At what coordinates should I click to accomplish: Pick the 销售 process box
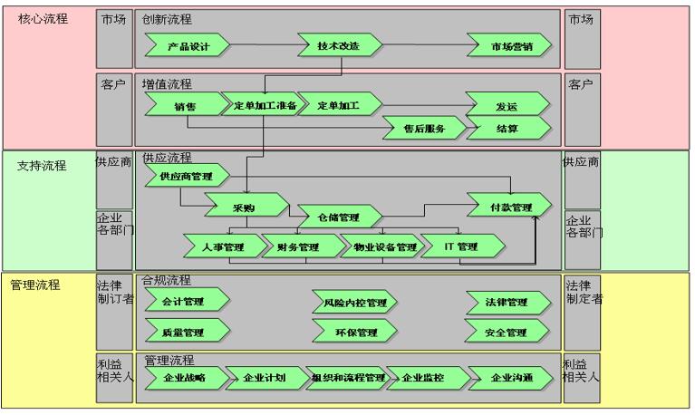[186, 106]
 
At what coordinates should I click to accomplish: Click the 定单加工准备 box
[259, 106]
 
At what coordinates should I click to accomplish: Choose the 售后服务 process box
[423, 129]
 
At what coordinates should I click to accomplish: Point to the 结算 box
[507, 129]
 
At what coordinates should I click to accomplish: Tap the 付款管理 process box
[509, 207]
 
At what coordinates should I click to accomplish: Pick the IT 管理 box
[462, 246]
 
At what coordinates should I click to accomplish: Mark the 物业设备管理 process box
[379, 246]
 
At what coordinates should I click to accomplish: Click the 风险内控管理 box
[354, 302]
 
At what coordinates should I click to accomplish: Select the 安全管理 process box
[506, 332]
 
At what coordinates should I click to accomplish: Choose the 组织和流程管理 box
[348, 377]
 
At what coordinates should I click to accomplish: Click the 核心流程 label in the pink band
[43, 19]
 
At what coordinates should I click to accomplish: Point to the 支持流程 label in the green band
[42, 166]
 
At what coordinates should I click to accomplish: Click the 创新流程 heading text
[167, 19]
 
